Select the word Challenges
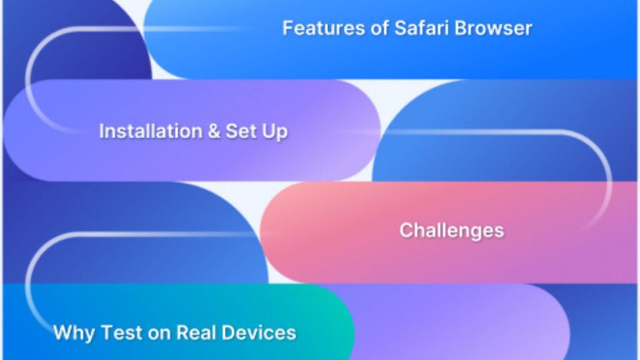(451, 231)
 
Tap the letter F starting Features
(287, 28)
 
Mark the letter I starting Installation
(101, 131)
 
